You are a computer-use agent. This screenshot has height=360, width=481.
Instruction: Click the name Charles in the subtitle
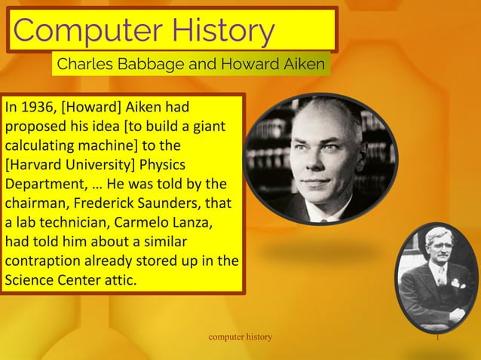[x=84, y=64]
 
